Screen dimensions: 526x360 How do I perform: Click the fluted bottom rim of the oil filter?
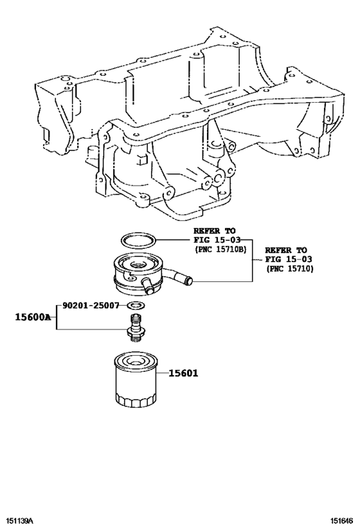pos(136,402)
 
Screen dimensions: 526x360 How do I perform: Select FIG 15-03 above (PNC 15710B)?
pos(216,240)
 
